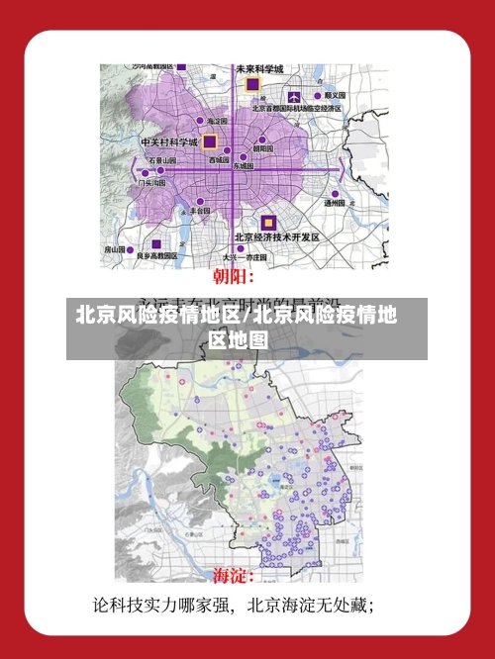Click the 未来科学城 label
click(259, 69)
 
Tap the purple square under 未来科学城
click(252, 86)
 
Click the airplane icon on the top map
click(295, 97)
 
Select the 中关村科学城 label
click(170, 141)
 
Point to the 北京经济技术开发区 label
click(276, 237)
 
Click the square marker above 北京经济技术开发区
click(267, 223)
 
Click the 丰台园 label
click(199, 211)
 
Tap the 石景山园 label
click(162, 160)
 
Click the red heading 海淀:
click(235, 575)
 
